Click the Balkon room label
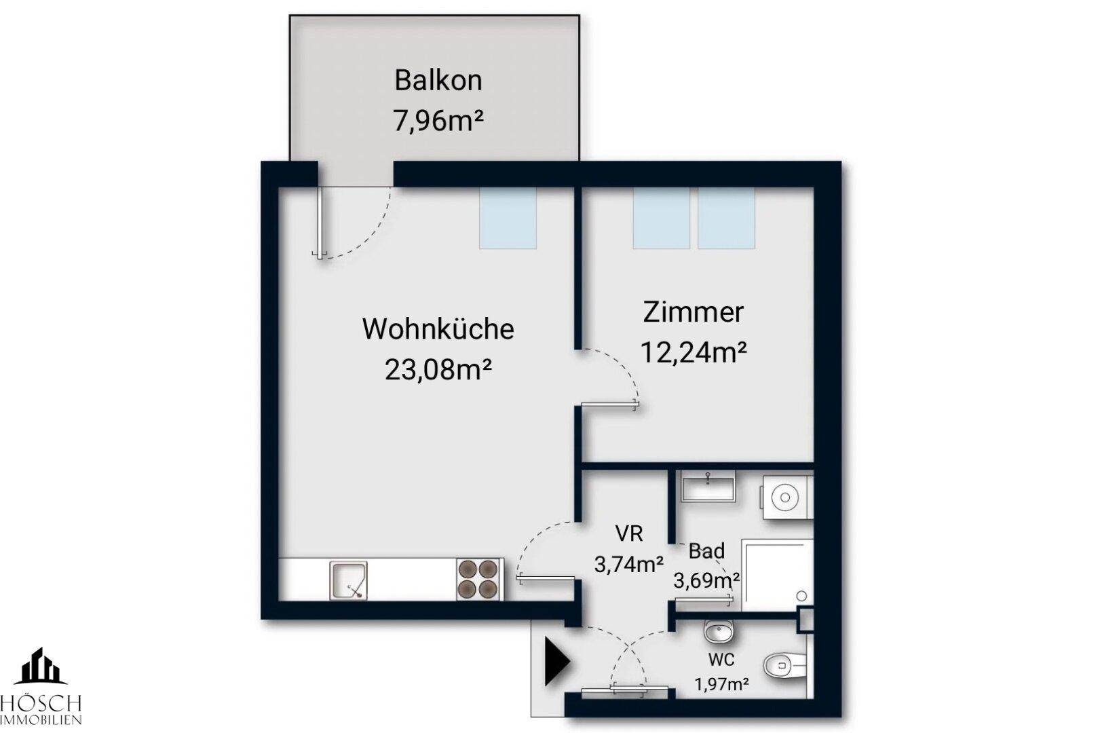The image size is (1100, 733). tap(438, 80)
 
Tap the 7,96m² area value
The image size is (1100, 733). tap(438, 121)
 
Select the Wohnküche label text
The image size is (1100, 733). tap(438, 329)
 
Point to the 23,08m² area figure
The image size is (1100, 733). tap(438, 371)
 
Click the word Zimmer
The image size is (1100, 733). tap(693, 312)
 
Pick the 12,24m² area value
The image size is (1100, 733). tap(694, 352)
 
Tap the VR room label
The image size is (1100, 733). tap(628, 533)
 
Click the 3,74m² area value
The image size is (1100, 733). tap(628, 563)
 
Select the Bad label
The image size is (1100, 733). tap(706, 551)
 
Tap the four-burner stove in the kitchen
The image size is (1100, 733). tap(479, 579)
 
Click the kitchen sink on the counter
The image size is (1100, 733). tap(349, 580)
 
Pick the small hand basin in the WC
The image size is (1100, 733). tap(717, 633)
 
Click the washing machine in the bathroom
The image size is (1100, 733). tap(786, 497)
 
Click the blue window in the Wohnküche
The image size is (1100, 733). tap(508, 218)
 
